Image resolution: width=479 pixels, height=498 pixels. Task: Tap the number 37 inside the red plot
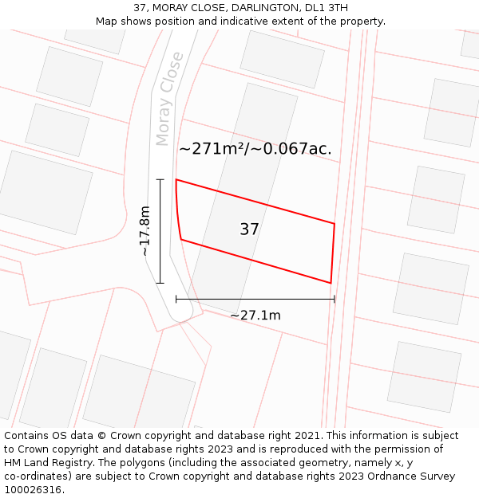point(249,229)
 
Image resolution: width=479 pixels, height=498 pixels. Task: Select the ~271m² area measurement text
point(210,149)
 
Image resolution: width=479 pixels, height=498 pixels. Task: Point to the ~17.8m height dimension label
point(144,231)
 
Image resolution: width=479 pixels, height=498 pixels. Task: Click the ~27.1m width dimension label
point(255,316)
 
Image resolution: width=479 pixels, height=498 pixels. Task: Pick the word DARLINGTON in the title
point(266,8)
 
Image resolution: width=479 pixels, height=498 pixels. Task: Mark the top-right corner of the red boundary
point(334,224)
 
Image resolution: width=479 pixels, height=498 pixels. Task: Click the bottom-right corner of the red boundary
point(331,283)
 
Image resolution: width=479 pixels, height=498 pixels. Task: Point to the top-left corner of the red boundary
point(176,180)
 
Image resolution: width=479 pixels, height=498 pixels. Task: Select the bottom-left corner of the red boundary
point(181,239)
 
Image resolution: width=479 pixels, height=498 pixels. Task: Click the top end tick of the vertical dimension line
point(160,180)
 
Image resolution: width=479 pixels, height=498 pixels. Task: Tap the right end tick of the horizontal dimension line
point(335,300)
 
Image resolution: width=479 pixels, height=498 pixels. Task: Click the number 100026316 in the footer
point(33,490)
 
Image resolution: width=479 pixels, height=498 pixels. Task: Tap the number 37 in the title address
point(141,8)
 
